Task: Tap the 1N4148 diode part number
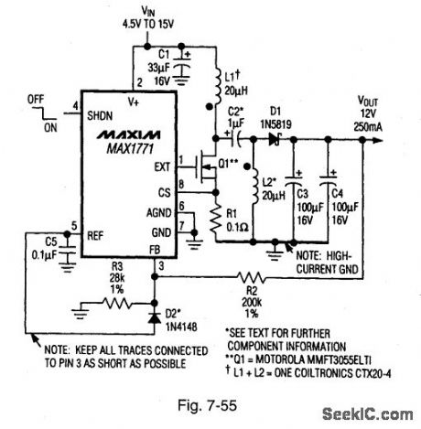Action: (x=171, y=327)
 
